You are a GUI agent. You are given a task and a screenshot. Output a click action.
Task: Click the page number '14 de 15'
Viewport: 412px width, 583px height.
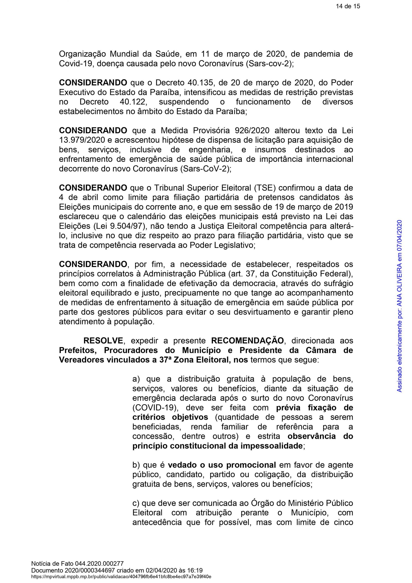(348, 6)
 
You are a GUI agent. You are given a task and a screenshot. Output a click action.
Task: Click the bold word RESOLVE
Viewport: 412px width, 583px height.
(103, 340)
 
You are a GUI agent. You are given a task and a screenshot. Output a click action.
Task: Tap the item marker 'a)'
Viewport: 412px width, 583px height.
(136, 379)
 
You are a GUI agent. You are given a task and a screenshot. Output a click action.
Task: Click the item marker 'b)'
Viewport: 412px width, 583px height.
(136, 465)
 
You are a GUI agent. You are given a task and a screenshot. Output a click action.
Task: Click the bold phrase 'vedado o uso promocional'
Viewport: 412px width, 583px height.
(222, 465)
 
